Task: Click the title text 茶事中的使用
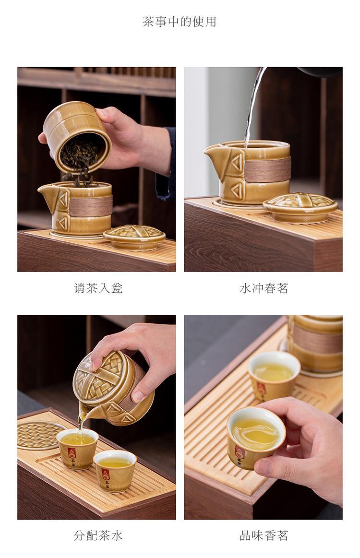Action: pos(180,22)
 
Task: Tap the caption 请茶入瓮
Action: pos(98,287)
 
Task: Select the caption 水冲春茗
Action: pos(264,287)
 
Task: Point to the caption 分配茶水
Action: pos(98,535)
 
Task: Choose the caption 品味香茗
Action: pos(264,535)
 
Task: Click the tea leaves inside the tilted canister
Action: pos(79,156)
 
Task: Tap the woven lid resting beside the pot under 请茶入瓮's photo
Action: pos(134,236)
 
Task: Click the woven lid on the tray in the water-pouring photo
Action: pos(300,207)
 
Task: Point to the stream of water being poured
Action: pos(254,107)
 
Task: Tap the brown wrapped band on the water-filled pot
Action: pos(267,169)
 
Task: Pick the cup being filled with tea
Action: pos(77,448)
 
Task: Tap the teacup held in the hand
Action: pos(256,438)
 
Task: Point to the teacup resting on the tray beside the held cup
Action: pos(274,376)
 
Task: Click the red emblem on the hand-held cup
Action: pos(240,451)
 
